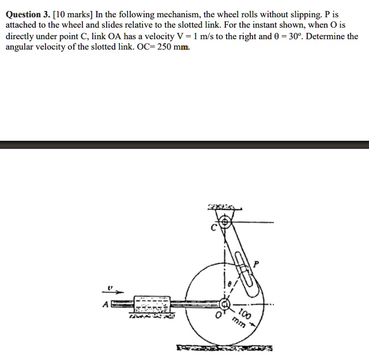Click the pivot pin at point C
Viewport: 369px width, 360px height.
(225, 220)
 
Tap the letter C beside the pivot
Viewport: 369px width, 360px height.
(213, 228)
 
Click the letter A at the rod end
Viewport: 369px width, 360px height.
(105, 303)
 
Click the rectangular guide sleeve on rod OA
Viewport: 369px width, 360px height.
(152, 303)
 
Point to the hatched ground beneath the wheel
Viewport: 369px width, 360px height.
(225, 348)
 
